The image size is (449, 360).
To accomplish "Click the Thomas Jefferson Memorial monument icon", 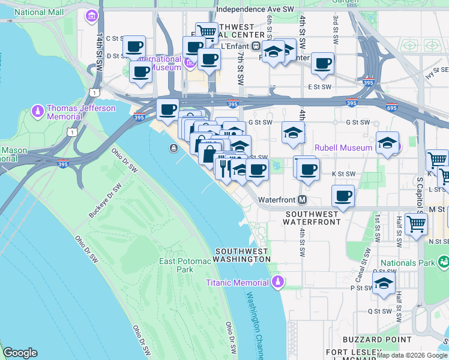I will coord(37,112).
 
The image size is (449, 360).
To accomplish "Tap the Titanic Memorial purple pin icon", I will coord(277,281).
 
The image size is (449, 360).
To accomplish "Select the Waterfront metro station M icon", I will coord(303,199).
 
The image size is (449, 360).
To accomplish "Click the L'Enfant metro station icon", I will coord(256,46).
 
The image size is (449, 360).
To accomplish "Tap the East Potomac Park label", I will coord(185,265).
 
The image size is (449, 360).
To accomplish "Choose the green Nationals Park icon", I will coord(443,262).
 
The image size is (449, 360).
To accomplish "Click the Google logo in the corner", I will coord(20,353).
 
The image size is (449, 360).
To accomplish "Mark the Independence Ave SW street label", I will coord(255,10).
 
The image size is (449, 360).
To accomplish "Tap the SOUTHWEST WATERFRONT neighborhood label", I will coord(313,218).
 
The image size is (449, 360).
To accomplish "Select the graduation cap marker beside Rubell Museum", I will coord(387,143).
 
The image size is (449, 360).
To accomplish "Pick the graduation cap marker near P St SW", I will coord(383,285).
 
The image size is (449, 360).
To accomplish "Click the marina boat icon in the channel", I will coord(173,148).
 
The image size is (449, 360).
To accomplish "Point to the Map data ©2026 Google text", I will coord(412,355).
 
